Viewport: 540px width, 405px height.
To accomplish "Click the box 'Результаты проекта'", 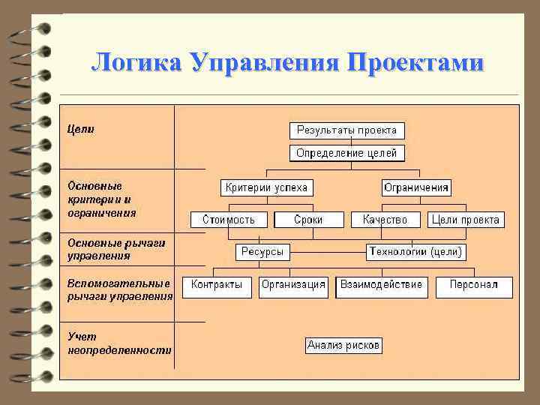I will [x=346, y=130].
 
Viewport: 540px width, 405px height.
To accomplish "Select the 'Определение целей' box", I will [x=346, y=154].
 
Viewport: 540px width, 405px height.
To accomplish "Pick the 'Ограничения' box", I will [x=416, y=187].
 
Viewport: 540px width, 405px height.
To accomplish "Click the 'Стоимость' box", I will [x=228, y=220].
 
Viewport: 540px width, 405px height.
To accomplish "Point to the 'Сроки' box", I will [x=308, y=220].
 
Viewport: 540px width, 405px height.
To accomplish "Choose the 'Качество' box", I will [x=385, y=220].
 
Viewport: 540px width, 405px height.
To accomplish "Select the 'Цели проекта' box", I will [x=465, y=220].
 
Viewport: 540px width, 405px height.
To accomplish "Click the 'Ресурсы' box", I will [x=262, y=252].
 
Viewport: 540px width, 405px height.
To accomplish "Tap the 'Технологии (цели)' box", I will [x=416, y=252].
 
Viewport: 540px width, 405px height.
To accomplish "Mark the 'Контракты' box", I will [x=217, y=286].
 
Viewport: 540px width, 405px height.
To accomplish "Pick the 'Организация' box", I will [x=293, y=286].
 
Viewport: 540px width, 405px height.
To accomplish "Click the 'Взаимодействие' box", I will [x=381, y=286].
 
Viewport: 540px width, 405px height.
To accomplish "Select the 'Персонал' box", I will [x=474, y=286].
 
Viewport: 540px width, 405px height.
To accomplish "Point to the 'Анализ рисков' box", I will [x=344, y=346].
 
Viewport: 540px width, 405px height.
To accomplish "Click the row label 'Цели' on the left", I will [x=81, y=129].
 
